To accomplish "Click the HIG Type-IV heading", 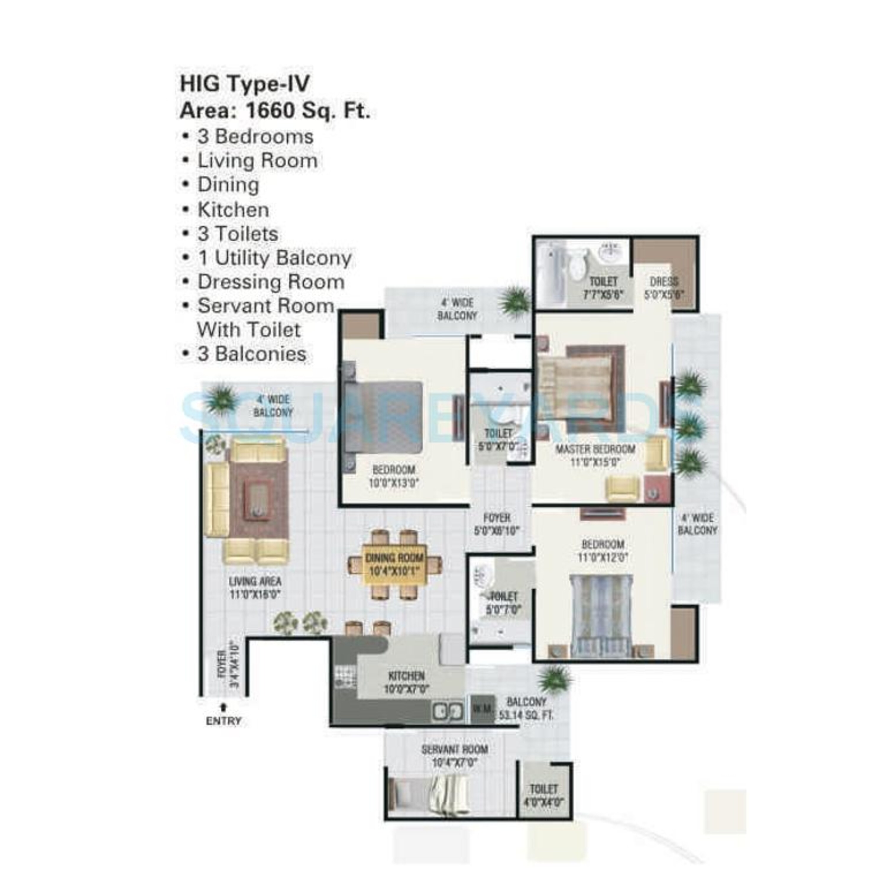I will coord(245,84).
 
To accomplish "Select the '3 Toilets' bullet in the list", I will coord(237,234).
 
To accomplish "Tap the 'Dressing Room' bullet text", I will coord(271,282).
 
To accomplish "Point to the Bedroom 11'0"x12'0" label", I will coord(603,551).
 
